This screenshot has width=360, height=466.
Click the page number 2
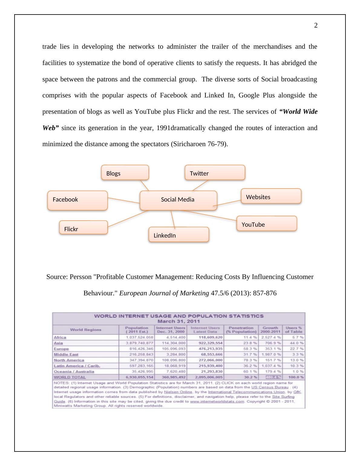tap(316, 25)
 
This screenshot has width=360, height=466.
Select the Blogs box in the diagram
tap(125, 172)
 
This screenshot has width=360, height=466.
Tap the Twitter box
tap(215, 172)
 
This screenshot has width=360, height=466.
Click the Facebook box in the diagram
tap(77, 200)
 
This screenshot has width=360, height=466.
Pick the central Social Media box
tap(178, 200)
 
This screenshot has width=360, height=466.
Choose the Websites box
tap(271, 196)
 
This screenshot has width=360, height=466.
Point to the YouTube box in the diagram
tap(267, 224)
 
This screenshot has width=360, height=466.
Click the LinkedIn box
tap(179, 235)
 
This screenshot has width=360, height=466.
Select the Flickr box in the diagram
tap(83, 228)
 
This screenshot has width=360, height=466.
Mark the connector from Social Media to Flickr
tap(127, 219)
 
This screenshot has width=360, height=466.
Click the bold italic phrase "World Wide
tap(298, 112)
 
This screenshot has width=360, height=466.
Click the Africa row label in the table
tap(60, 337)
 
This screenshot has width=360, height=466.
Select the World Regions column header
tap(86, 330)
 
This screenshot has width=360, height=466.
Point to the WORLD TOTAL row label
tap(70, 377)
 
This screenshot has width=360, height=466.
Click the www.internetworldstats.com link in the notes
tap(217, 402)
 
